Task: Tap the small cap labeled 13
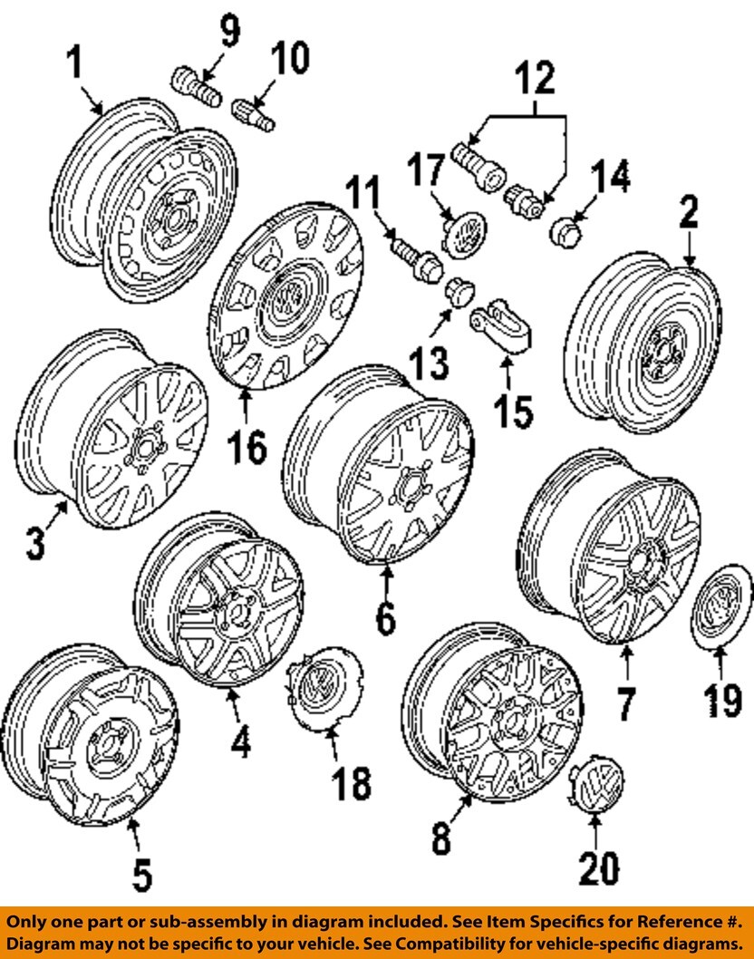click(x=459, y=291)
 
